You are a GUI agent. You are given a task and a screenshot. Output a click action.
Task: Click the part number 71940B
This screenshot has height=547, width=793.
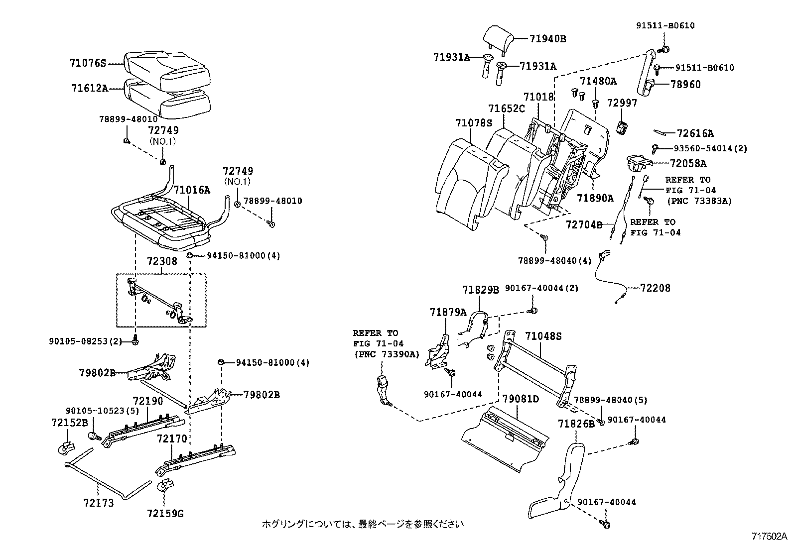coord(547,38)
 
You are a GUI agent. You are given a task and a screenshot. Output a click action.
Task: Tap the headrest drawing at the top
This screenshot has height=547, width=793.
coord(498,36)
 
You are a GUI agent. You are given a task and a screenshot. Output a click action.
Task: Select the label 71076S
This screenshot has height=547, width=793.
coord(88,63)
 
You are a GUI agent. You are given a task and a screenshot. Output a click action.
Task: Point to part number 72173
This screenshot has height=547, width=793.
coord(99,503)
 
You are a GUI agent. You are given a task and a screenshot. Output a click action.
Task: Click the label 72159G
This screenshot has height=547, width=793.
coord(165,513)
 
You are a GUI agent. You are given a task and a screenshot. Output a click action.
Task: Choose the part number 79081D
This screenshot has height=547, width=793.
coord(521,399)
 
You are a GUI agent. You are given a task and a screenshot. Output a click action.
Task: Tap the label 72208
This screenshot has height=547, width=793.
coord(655,288)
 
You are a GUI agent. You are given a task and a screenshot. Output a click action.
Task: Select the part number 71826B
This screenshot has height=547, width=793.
coord(576,424)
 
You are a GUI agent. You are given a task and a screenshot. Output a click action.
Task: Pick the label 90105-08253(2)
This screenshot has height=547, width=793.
coord(85,341)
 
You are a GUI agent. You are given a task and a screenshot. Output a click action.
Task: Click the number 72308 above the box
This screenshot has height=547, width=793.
coord(162,261)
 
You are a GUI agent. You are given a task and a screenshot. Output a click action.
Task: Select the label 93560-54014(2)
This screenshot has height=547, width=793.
coord(710,148)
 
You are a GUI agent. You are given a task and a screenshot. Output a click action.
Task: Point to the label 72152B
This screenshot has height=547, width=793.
coord(69,423)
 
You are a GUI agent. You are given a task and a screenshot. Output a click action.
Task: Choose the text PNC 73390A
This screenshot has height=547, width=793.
coord(387,354)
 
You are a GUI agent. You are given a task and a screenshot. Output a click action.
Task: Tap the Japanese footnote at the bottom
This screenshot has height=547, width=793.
coord(363,524)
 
